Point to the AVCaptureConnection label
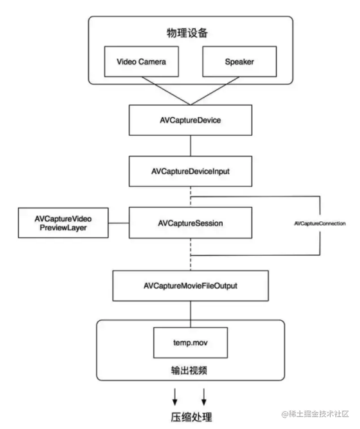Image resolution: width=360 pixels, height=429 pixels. [319, 223]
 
